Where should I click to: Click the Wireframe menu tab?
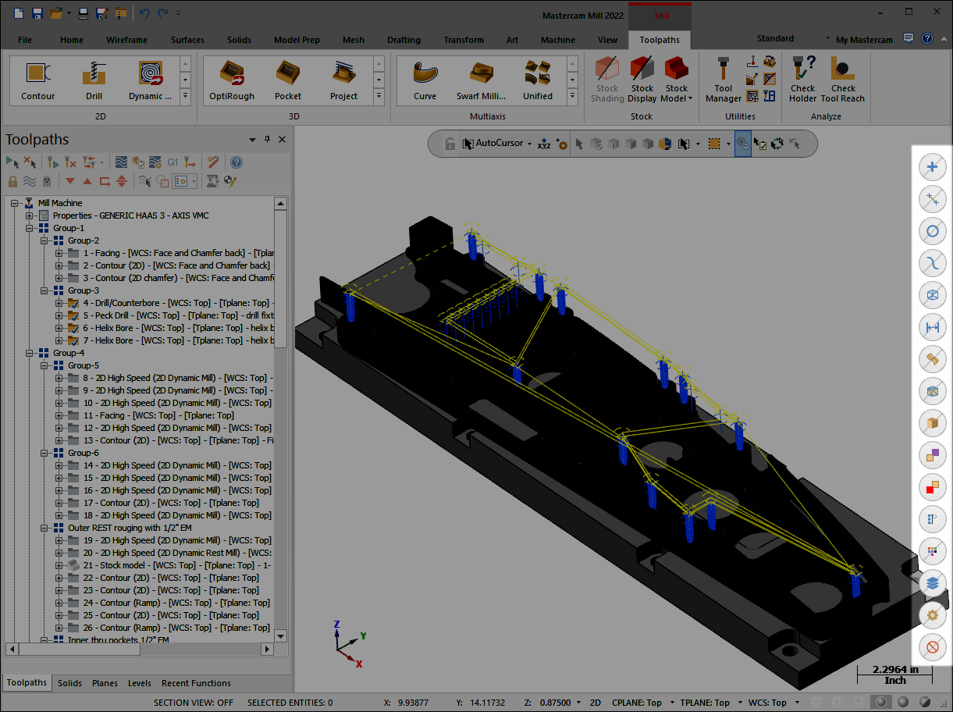[126, 40]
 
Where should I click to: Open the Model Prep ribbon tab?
[297, 40]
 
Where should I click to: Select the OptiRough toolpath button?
[231, 80]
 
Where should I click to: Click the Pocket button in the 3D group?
[287, 80]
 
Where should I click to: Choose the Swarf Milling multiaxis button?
[481, 80]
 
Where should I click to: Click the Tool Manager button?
[723, 80]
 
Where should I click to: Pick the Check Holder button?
[802, 80]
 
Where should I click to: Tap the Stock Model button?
[677, 80]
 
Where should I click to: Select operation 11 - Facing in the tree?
[158, 415]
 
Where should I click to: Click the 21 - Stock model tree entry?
[176, 565]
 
